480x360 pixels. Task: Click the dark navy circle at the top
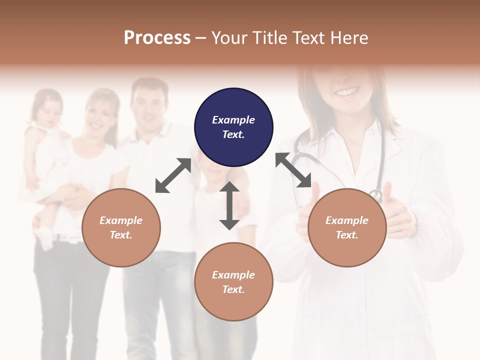coord(233,127)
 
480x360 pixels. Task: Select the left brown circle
coord(121,227)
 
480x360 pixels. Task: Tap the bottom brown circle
coord(233,282)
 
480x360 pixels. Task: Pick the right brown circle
coord(347,227)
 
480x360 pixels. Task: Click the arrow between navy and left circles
coord(173,175)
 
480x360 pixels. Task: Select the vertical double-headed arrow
coord(229,205)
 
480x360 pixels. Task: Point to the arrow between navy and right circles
coord(293,170)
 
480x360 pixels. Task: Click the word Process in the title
coord(157,37)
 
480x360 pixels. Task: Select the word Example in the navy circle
coord(233,120)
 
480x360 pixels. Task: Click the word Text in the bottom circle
coord(232,289)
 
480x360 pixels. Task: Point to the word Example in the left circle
coord(121,220)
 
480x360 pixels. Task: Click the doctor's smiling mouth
coord(347,92)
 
